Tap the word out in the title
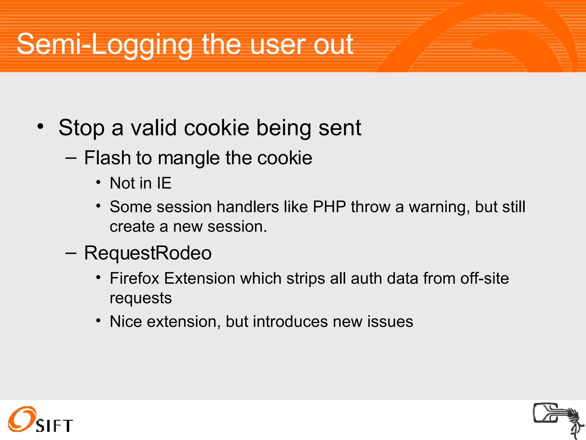[333, 45]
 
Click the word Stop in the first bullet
[82, 128]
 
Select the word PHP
[329, 207]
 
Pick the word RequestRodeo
[148, 253]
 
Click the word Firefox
[134, 278]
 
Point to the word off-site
[484, 278]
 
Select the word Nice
[126, 321]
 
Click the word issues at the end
[390, 321]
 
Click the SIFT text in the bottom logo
[54, 426]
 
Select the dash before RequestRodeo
[71, 253]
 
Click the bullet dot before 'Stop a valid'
[40, 126]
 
